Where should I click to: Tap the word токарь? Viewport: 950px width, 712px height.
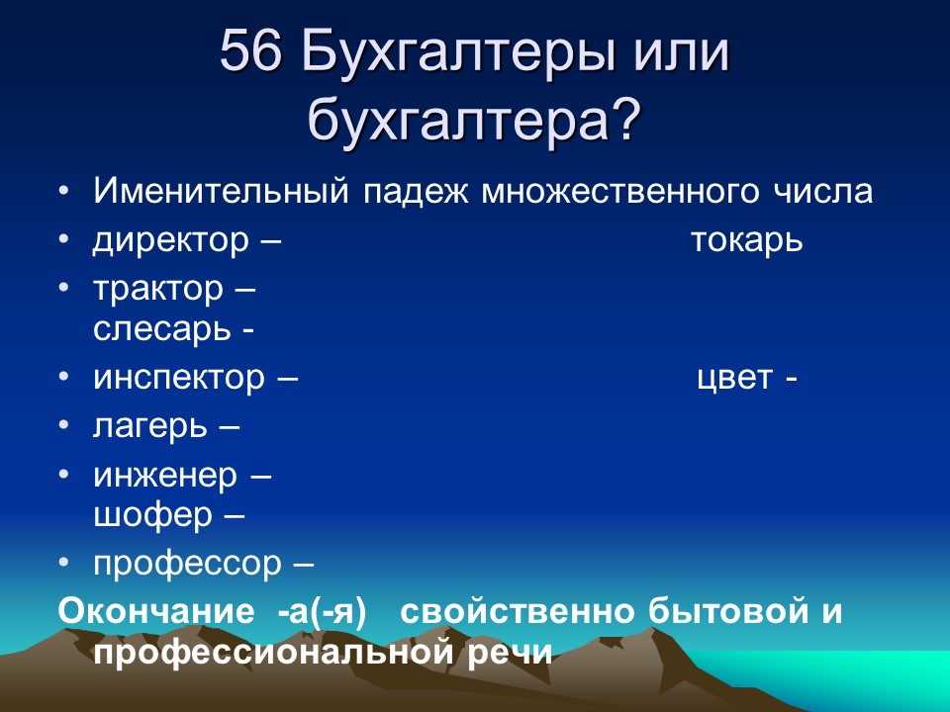(x=746, y=241)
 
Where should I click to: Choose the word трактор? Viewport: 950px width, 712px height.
(x=158, y=289)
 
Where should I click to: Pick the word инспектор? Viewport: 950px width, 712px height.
(x=180, y=378)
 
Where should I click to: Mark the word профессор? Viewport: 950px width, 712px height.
(x=188, y=564)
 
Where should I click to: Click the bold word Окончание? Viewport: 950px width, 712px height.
(x=159, y=611)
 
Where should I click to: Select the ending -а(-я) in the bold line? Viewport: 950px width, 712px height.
(x=322, y=611)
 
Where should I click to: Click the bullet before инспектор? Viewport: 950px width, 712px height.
(x=64, y=378)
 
